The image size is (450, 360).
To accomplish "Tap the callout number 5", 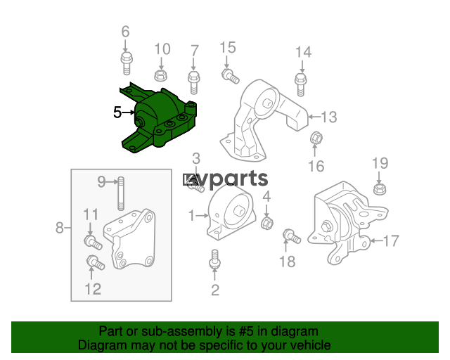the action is click(x=117, y=112).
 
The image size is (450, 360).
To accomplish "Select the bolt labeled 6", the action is click(x=127, y=63).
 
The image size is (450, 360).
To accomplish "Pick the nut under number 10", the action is click(x=161, y=75).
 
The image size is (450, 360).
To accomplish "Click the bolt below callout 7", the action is click(x=194, y=82).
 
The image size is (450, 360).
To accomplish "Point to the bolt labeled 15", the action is click(x=230, y=76).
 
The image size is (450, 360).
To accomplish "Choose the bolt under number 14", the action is click(x=300, y=84).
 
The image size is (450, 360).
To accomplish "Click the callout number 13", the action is click(x=329, y=117).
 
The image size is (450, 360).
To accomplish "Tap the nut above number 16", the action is click(x=316, y=137).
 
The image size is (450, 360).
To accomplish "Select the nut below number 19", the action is click(x=380, y=188).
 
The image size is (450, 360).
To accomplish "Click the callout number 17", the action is click(x=391, y=240).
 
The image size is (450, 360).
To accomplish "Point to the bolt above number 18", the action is click(x=292, y=236).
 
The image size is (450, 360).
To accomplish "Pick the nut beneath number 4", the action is click(x=267, y=223).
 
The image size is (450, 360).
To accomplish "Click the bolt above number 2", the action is click(x=214, y=259).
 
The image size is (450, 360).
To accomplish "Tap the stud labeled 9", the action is click(x=121, y=194).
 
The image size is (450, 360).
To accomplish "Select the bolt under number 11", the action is click(x=93, y=242).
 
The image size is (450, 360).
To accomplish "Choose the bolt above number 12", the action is click(x=96, y=263).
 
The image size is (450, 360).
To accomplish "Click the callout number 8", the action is click(x=59, y=228).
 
